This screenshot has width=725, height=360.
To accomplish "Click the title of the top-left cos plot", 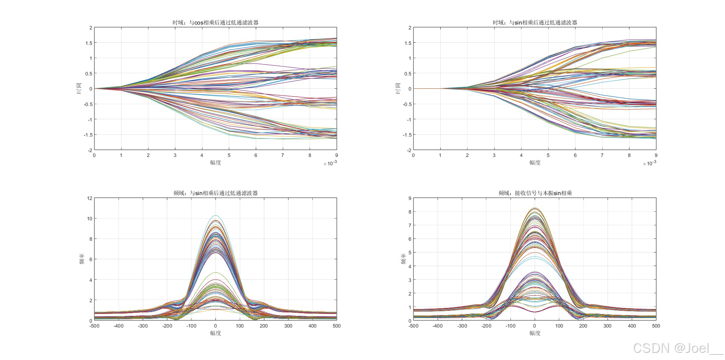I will [x=216, y=23].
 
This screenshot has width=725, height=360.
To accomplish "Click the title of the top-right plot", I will [x=535, y=23].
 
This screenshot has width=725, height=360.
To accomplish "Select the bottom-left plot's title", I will [x=216, y=193].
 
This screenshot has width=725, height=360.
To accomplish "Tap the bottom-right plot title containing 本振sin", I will [x=535, y=193].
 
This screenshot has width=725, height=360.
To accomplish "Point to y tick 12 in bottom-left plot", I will [x=89, y=198].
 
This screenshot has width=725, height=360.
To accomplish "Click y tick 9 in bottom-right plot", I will [x=410, y=198].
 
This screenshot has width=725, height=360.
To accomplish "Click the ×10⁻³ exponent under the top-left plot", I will [x=330, y=163].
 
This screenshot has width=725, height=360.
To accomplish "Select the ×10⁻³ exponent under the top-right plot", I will [x=649, y=163].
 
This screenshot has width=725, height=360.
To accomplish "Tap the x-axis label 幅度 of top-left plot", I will [x=216, y=163].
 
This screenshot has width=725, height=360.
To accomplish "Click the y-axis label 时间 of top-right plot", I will [x=398, y=88].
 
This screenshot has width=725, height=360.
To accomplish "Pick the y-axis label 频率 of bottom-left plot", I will [x=82, y=259].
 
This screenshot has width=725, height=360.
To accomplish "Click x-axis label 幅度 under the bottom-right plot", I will [x=535, y=333].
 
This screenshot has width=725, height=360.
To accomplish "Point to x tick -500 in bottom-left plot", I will [x=94, y=326].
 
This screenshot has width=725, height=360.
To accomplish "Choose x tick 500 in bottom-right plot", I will [x=656, y=326].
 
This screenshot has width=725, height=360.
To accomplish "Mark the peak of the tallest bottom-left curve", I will [x=216, y=215].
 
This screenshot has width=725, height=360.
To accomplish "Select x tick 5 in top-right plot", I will [x=548, y=155].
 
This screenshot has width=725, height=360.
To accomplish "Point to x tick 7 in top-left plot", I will [x=282, y=155].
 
